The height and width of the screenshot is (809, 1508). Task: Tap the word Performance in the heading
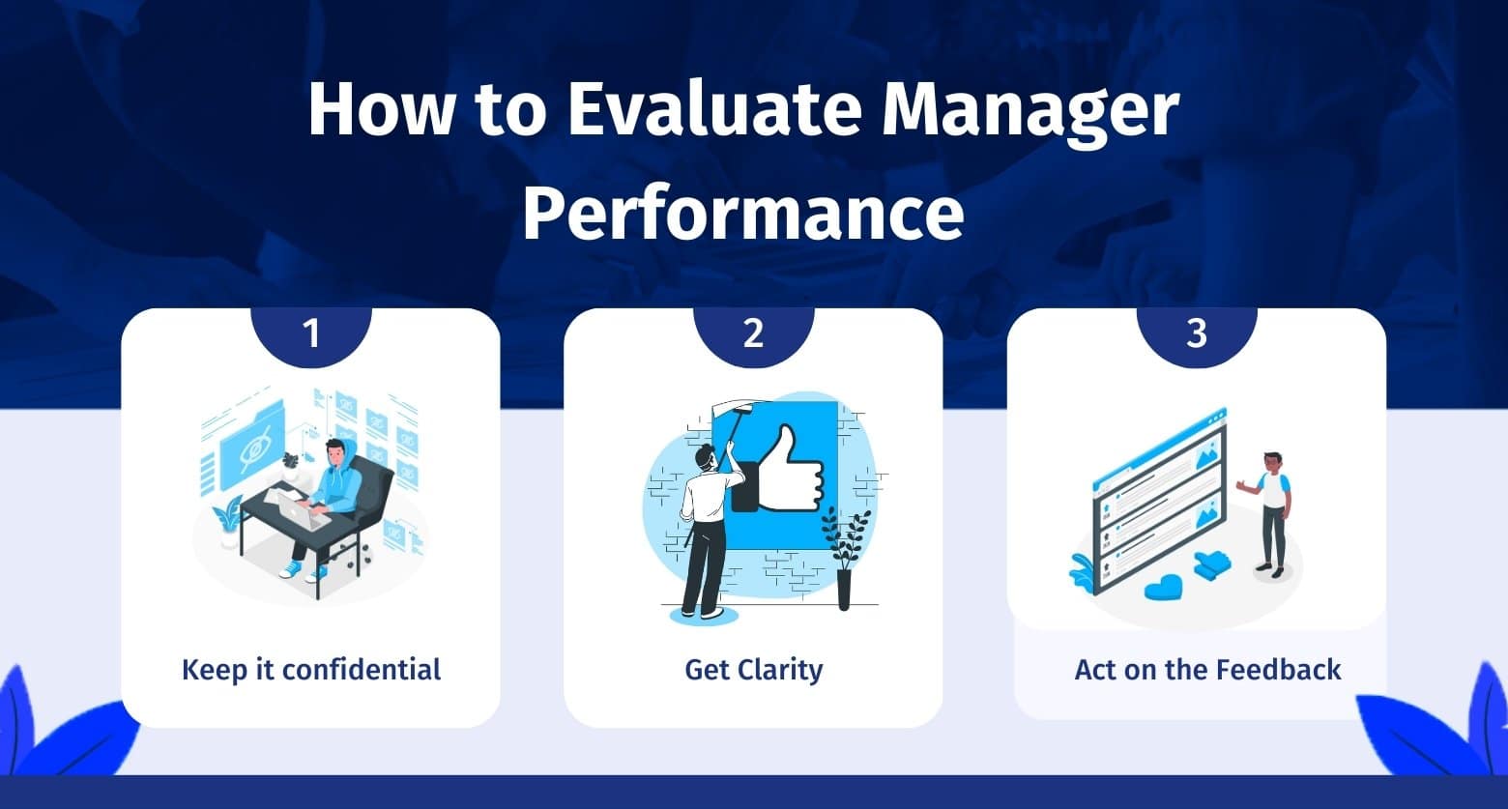pyautogui.click(x=743, y=213)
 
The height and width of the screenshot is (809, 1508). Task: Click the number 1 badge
pyautogui.click(x=311, y=334)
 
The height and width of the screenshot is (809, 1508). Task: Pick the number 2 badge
pyautogui.click(x=753, y=334)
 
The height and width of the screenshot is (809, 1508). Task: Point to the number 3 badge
pyautogui.click(x=1197, y=334)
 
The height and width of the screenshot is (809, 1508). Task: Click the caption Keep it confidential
pyautogui.click(x=311, y=670)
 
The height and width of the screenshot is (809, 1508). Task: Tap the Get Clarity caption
pyautogui.click(x=753, y=671)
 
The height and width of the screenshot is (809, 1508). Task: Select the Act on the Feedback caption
pyautogui.click(x=1207, y=670)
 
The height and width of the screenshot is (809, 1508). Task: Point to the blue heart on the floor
pyautogui.click(x=1163, y=588)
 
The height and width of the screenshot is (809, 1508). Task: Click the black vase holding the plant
pyautogui.click(x=844, y=590)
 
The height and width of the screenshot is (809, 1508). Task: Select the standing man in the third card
pyautogui.click(x=1267, y=514)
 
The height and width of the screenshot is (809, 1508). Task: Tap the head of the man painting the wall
pyautogui.click(x=704, y=458)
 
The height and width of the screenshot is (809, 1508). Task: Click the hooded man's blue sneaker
pyautogui.click(x=291, y=569)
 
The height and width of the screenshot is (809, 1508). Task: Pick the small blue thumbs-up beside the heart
pyautogui.click(x=1212, y=564)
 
